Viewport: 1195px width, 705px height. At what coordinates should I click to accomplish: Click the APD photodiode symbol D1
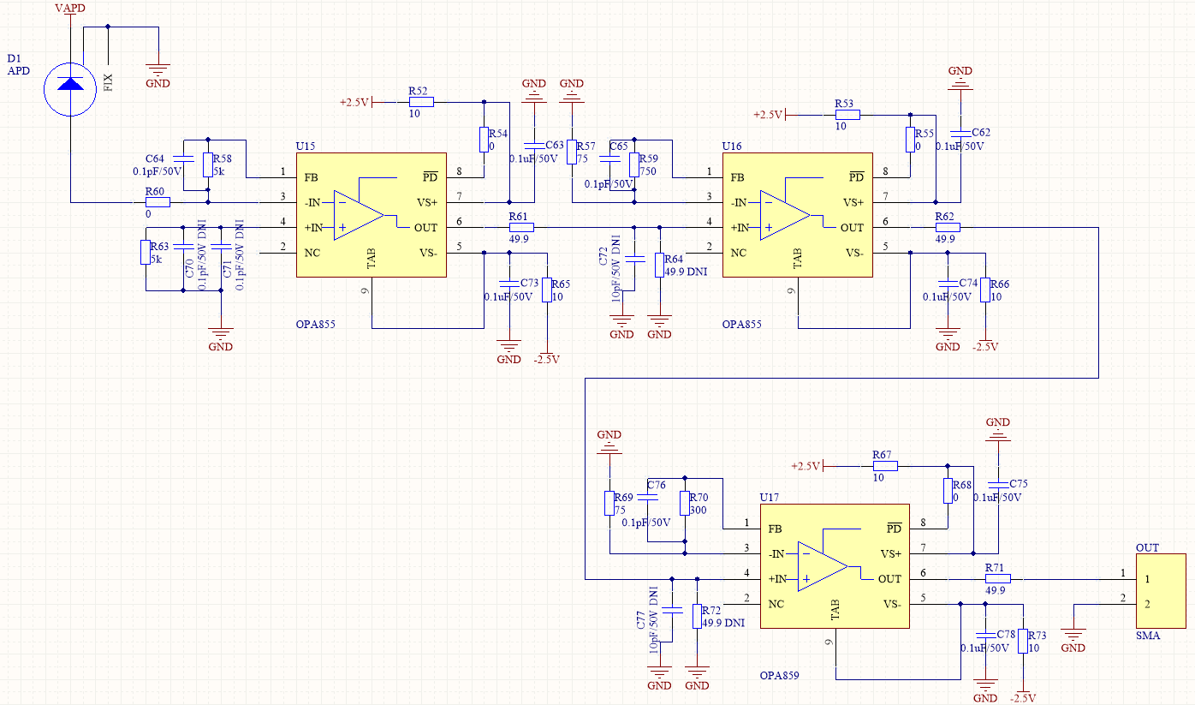pos(70,89)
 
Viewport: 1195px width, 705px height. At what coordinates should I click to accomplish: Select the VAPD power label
pos(70,8)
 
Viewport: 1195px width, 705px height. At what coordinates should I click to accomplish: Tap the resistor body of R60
pos(158,202)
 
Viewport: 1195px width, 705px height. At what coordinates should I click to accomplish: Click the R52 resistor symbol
pos(421,102)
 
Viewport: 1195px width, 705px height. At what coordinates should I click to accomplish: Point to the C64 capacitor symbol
pos(183,158)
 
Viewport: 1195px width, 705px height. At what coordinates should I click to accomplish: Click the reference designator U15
pos(306,146)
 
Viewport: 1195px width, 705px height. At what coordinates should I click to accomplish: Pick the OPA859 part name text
pos(780,675)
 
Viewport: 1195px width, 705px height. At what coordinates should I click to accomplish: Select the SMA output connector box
pos(1161,591)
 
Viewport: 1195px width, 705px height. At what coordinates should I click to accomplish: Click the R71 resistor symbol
pos(997,579)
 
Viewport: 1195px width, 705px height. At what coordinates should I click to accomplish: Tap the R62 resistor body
pos(948,227)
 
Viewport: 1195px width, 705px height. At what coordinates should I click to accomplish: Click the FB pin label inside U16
pos(738,177)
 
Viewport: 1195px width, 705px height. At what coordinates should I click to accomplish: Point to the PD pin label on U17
pos(894,529)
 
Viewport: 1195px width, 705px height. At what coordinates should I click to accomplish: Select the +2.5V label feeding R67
pos(805,466)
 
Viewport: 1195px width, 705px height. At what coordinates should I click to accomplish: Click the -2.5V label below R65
pos(547,359)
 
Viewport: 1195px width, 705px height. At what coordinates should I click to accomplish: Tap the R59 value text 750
pos(648,170)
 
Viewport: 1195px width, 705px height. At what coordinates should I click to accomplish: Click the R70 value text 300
pos(698,510)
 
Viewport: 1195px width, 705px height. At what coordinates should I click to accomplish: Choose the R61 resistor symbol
pos(521,227)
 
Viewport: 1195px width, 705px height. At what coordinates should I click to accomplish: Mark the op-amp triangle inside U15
pos(359,215)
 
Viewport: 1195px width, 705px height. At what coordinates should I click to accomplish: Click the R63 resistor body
pos(146,253)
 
